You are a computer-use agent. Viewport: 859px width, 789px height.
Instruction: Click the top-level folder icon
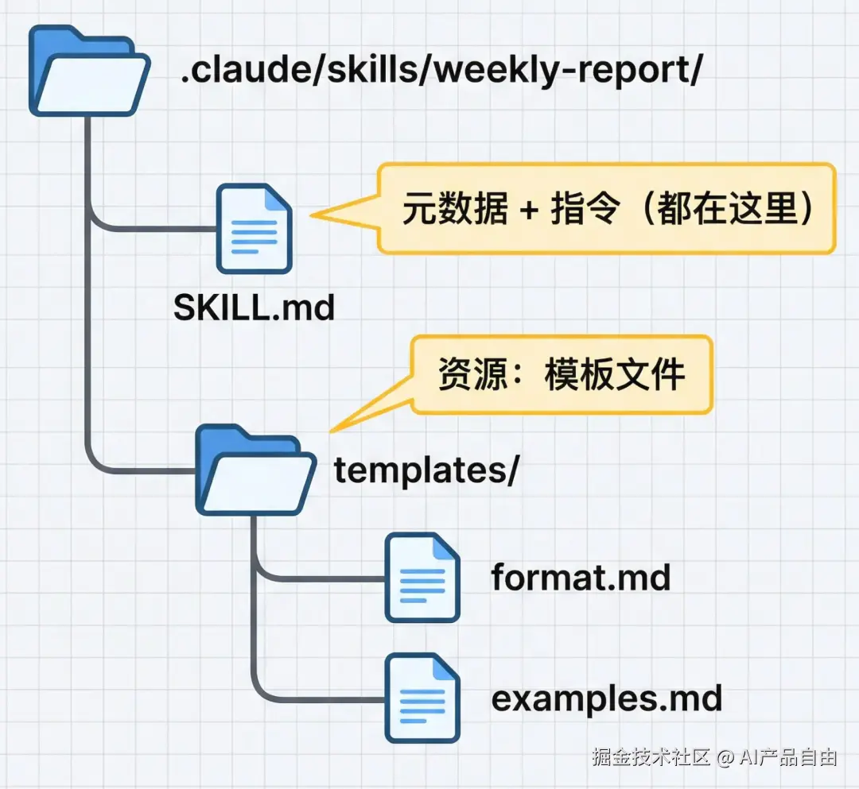(x=87, y=73)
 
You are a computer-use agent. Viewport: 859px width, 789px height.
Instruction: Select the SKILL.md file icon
(x=255, y=229)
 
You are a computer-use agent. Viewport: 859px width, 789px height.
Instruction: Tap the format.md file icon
(x=422, y=578)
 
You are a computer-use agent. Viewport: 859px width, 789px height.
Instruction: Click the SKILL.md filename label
(x=254, y=308)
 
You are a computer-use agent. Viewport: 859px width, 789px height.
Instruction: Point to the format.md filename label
(x=581, y=578)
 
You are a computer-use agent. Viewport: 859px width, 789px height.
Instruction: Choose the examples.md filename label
(x=606, y=698)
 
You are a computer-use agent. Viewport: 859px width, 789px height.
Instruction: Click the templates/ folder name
(x=426, y=470)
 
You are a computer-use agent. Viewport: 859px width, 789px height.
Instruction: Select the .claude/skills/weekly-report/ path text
(x=441, y=73)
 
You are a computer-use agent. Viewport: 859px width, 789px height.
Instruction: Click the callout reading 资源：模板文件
(x=561, y=374)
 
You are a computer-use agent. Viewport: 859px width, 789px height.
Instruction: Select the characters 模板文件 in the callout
(x=614, y=374)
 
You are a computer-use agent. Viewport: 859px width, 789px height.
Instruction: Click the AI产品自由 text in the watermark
(x=787, y=757)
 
